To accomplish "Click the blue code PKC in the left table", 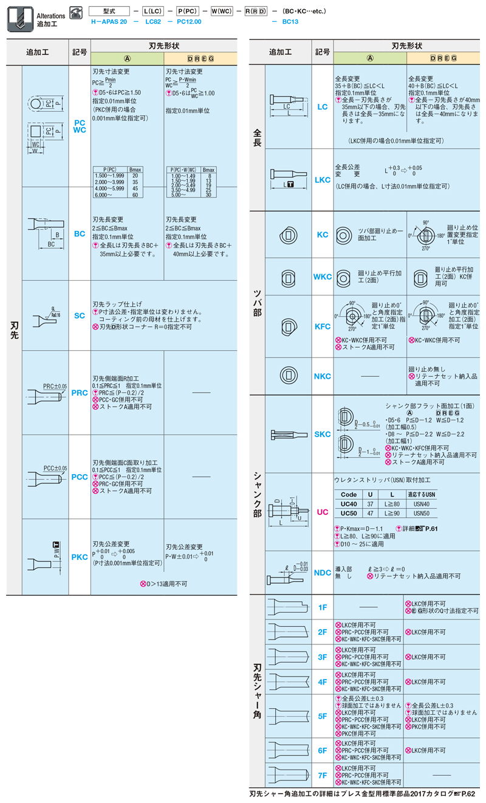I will (80, 556).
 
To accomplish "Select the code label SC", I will (80, 315).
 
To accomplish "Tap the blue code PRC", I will (80, 393).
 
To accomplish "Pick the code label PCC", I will (80, 477).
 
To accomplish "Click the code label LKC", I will (323, 180).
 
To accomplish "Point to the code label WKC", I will (323, 277).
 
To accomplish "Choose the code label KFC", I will (323, 326).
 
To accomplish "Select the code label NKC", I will (323, 376).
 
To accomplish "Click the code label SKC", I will (323, 434).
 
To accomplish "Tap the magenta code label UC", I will (323, 512).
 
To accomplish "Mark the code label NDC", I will (323, 573).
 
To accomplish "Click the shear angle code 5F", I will (323, 717).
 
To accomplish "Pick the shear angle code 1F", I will (323, 607).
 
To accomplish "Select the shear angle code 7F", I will (323, 775).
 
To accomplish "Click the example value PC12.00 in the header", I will (189, 21).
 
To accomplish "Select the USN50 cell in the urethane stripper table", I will (422, 513).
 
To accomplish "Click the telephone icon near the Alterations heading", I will (76, 12).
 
